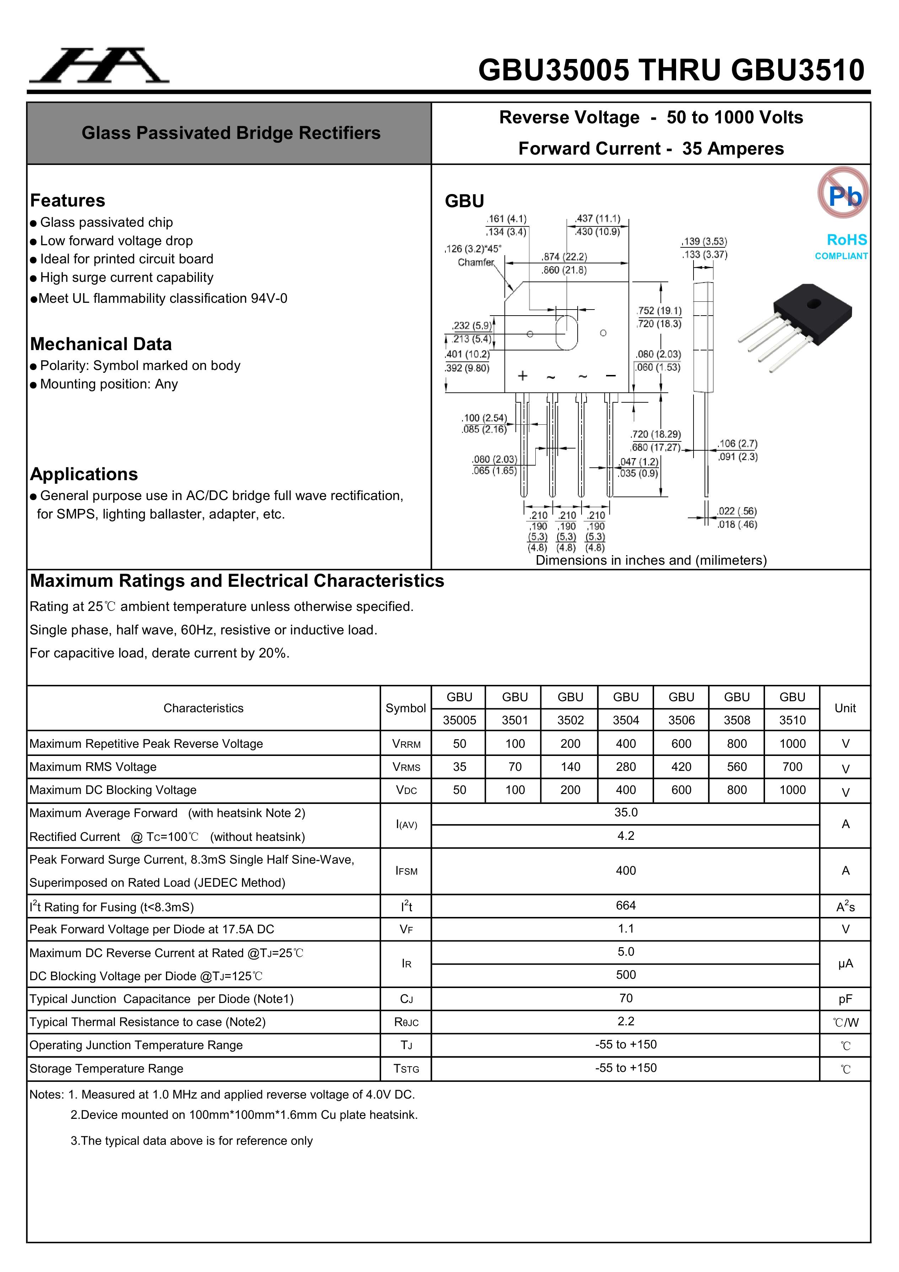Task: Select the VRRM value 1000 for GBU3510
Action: [792, 744]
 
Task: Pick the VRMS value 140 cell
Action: [570, 767]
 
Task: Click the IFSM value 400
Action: [626, 871]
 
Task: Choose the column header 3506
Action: [681, 720]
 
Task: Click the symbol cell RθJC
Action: [406, 1022]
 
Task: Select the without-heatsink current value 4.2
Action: [626, 836]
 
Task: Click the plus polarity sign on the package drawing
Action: [522, 376]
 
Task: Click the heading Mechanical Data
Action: [101, 344]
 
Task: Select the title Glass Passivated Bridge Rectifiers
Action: [231, 133]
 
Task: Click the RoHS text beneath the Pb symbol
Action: [846, 240]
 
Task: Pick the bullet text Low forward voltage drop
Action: [116, 241]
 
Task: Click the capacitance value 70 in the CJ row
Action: [626, 998]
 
